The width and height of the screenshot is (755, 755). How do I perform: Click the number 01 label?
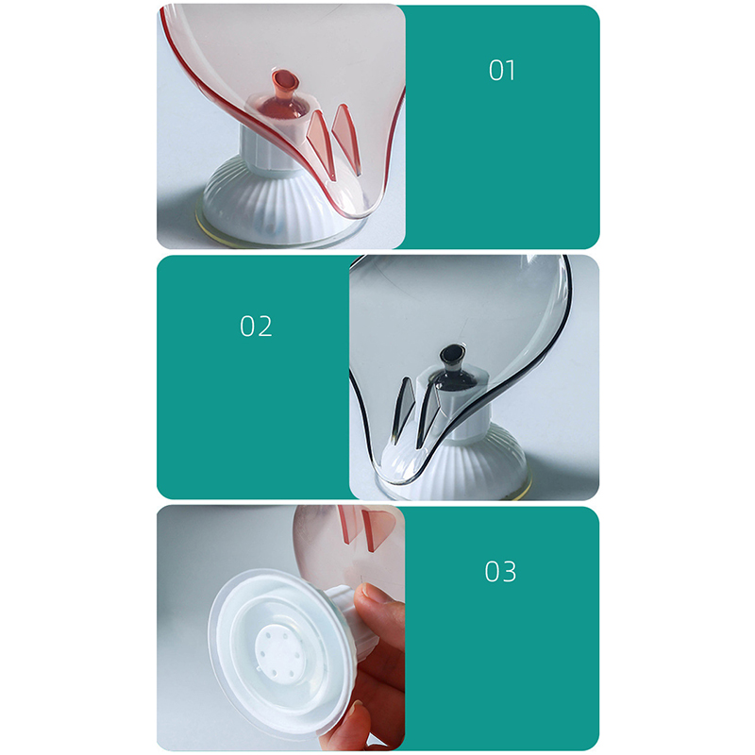coord(502,70)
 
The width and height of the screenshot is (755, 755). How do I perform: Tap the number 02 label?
coord(256,326)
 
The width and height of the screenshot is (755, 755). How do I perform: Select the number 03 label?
coord(500,572)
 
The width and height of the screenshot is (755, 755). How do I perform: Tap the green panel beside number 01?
coord(501,126)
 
